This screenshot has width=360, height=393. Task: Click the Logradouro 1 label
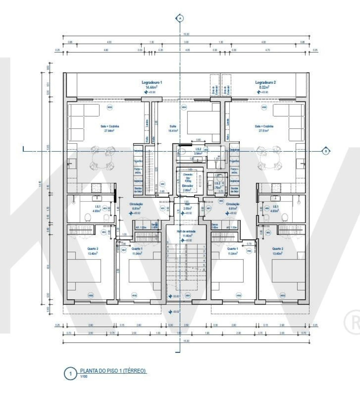(152, 82)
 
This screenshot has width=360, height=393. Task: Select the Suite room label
(173, 126)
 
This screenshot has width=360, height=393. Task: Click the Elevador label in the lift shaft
(187, 186)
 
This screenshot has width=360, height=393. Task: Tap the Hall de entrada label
(186, 231)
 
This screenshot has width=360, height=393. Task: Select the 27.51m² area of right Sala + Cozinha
(264, 131)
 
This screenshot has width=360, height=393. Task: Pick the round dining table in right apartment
(269, 158)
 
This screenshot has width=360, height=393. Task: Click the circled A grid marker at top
(180, 19)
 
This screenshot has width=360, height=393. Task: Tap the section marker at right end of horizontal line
(326, 151)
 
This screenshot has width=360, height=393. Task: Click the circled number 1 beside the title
(70, 374)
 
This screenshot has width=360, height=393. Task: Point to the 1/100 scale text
(84, 376)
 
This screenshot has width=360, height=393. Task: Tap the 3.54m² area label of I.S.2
(198, 153)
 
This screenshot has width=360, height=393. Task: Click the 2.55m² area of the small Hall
(187, 209)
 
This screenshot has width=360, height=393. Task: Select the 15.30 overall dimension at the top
(186, 34)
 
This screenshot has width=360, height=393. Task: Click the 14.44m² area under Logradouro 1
(152, 87)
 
